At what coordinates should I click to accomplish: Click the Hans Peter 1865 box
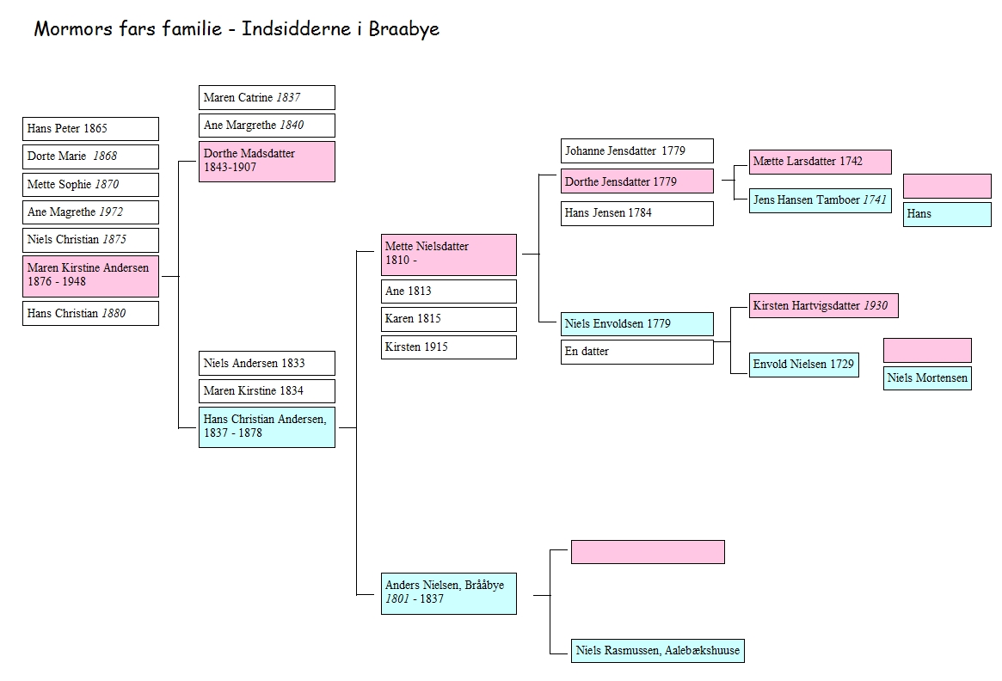pos(90,129)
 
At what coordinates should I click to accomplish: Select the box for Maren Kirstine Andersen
pos(90,275)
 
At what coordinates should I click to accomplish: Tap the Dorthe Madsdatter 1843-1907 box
pos(267,161)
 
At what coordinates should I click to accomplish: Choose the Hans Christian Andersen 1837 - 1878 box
pos(267,426)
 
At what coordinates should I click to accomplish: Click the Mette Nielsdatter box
pos(448,254)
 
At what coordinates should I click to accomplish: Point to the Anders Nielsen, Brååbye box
pos(448,592)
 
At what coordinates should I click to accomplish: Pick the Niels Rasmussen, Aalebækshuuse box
pos(658,651)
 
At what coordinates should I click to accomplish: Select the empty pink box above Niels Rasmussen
pos(648,552)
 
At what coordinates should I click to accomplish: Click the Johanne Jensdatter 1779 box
pos(636,151)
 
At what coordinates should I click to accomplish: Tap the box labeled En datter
pos(636,352)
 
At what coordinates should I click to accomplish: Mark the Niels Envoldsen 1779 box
pos(636,324)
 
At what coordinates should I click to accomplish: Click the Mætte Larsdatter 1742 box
pos(820,162)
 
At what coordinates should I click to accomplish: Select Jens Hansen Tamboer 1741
pos(820,200)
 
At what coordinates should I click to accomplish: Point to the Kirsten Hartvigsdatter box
pos(823,305)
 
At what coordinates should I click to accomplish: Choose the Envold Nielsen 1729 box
pos(803,365)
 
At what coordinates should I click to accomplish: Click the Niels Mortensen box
pos(927,377)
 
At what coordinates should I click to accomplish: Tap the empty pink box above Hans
pos(947,186)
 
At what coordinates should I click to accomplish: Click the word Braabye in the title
pos(404,29)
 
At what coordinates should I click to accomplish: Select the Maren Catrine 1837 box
pos(267,98)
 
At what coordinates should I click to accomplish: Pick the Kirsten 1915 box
pos(448,347)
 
